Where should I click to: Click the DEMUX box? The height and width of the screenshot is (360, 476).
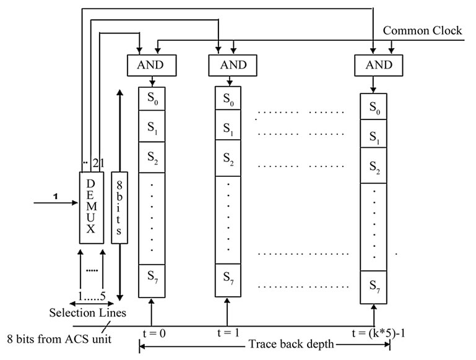pos(92,207)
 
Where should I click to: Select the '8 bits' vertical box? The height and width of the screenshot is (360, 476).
pos(119,207)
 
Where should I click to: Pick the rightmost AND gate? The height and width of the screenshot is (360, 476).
pos(374,64)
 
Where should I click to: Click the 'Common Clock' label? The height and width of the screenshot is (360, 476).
pos(422,31)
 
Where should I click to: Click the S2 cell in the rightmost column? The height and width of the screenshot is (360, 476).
pos(374,167)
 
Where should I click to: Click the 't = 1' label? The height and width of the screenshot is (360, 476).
pos(228,333)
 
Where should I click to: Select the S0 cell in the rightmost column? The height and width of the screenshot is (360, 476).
pos(374,107)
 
